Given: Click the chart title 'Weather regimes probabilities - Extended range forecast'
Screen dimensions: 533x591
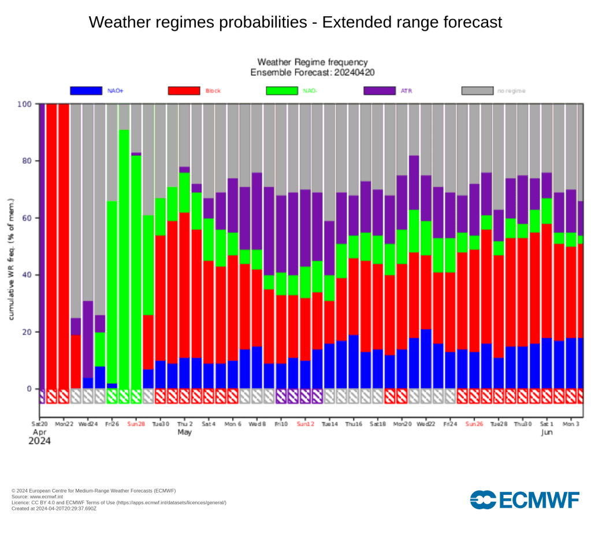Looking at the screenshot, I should point(295,23).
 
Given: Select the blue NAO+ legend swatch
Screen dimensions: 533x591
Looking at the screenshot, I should point(86,91).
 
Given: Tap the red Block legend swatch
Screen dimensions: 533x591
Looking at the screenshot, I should point(184,91).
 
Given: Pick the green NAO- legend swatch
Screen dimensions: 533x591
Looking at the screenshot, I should point(281,91).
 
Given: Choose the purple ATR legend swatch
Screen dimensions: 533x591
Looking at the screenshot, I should point(380,91).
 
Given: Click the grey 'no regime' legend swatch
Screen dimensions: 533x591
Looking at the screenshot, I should point(477,91).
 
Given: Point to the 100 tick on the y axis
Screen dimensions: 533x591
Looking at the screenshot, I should point(24,104).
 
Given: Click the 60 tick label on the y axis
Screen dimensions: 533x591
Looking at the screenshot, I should point(26,218).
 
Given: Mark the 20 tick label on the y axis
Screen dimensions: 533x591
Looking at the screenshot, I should point(26,332).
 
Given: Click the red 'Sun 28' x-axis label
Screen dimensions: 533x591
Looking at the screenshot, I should point(136,424).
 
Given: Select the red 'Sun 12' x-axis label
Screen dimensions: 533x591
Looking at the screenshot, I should point(305,424).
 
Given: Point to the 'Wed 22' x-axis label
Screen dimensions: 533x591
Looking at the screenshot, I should point(426,424).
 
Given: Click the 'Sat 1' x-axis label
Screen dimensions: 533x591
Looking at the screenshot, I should point(547,424).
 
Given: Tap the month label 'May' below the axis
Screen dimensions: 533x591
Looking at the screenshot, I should point(185,432).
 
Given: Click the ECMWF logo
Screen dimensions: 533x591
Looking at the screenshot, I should point(525,499).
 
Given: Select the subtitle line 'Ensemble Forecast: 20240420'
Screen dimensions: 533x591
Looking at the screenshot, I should point(311,72).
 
